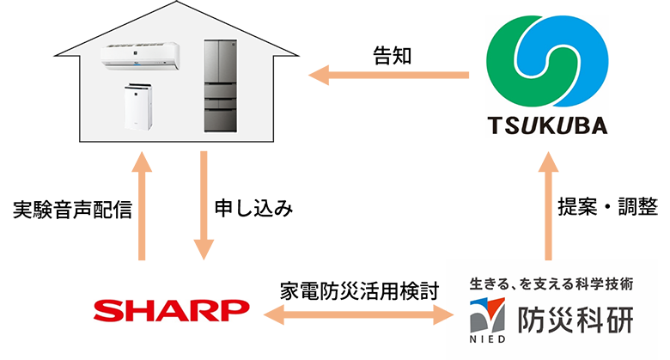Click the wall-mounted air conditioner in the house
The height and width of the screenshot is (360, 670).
coord(143,58)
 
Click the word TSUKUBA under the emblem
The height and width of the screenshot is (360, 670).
coord(547,125)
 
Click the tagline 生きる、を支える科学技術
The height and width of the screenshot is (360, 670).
coord(550,284)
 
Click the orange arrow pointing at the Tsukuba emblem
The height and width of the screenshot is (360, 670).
coord(387,86)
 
